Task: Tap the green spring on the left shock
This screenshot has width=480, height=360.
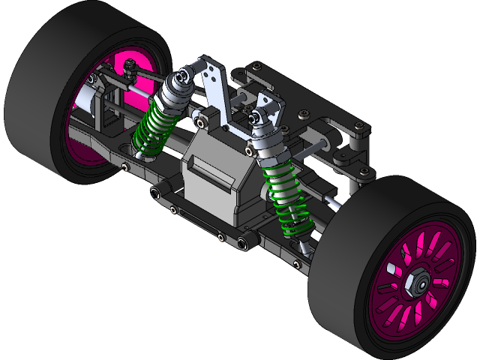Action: (x=153, y=131)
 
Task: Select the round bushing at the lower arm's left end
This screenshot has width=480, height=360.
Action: (x=154, y=194)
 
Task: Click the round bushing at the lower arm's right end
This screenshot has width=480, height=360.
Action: (x=243, y=241)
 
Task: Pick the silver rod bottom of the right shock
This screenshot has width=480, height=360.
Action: (x=303, y=243)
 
